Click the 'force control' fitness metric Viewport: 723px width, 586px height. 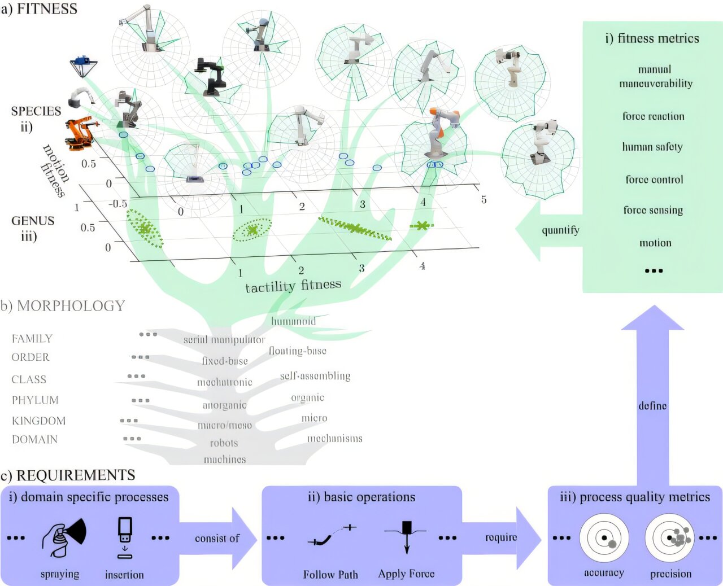(x=654, y=180)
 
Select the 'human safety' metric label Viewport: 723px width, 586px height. (x=652, y=147)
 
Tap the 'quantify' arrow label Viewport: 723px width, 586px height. (x=560, y=230)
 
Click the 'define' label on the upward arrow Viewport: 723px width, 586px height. (x=652, y=405)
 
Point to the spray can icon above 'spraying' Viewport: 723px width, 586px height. (x=63, y=539)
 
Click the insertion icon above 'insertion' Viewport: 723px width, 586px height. (x=125, y=537)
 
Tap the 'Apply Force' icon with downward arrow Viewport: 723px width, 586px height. (x=406, y=536)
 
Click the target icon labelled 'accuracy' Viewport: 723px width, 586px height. (x=604, y=537)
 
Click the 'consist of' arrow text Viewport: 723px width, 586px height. (x=217, y=539)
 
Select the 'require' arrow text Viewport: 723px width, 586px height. (x=501, y=537)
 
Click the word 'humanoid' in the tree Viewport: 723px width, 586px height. (x=293, y=321)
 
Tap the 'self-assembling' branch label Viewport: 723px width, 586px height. (x=315, y=376)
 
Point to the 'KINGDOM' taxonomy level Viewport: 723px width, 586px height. (x=38, y=421)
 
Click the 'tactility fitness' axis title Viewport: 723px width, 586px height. (x=293, y=286)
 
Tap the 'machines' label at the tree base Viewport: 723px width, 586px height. (x=225, y=460)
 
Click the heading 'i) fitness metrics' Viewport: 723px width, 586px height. (x=652, y=38)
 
